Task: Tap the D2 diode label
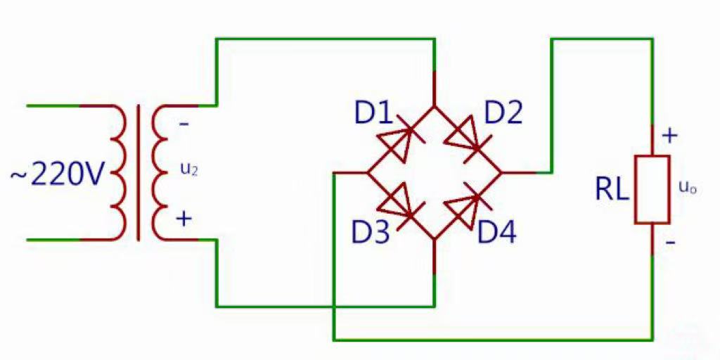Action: coord(503,113)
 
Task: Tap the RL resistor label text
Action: coord(612,190)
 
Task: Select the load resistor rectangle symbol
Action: coord(652,190)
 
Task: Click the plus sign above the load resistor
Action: coord(670,136)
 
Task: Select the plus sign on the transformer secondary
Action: coord(184,219)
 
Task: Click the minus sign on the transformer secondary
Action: coord(184,124)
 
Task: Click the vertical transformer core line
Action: coord(139,173)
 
